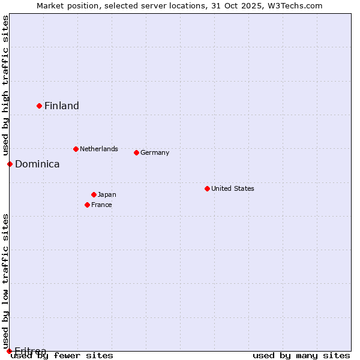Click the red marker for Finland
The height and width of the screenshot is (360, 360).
click(40, 106)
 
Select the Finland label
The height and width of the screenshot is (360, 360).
click(62, 106)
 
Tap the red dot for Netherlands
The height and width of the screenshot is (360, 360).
click(76, 149)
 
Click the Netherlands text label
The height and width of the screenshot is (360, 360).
click(99, 149)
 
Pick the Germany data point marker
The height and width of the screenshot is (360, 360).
click(136, 152)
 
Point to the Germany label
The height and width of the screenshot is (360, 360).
click(155, 152)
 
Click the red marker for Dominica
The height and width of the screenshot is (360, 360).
click(10, 164)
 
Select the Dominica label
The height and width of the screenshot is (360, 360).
click(37, 164)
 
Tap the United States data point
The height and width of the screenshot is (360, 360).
click(207, 188)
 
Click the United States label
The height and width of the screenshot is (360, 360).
click(233, 188)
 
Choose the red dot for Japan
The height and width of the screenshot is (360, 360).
click(94, 194)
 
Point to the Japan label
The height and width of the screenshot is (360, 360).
click(107, 194)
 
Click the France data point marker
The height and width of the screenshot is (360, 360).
click(87, 205)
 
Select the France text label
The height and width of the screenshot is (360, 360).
click(101, 205)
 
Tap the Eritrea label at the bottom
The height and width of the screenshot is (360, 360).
click(31, 350)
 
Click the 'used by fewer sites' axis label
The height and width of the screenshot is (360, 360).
click(62, 356)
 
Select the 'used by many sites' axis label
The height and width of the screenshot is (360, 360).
click(301, 356)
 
